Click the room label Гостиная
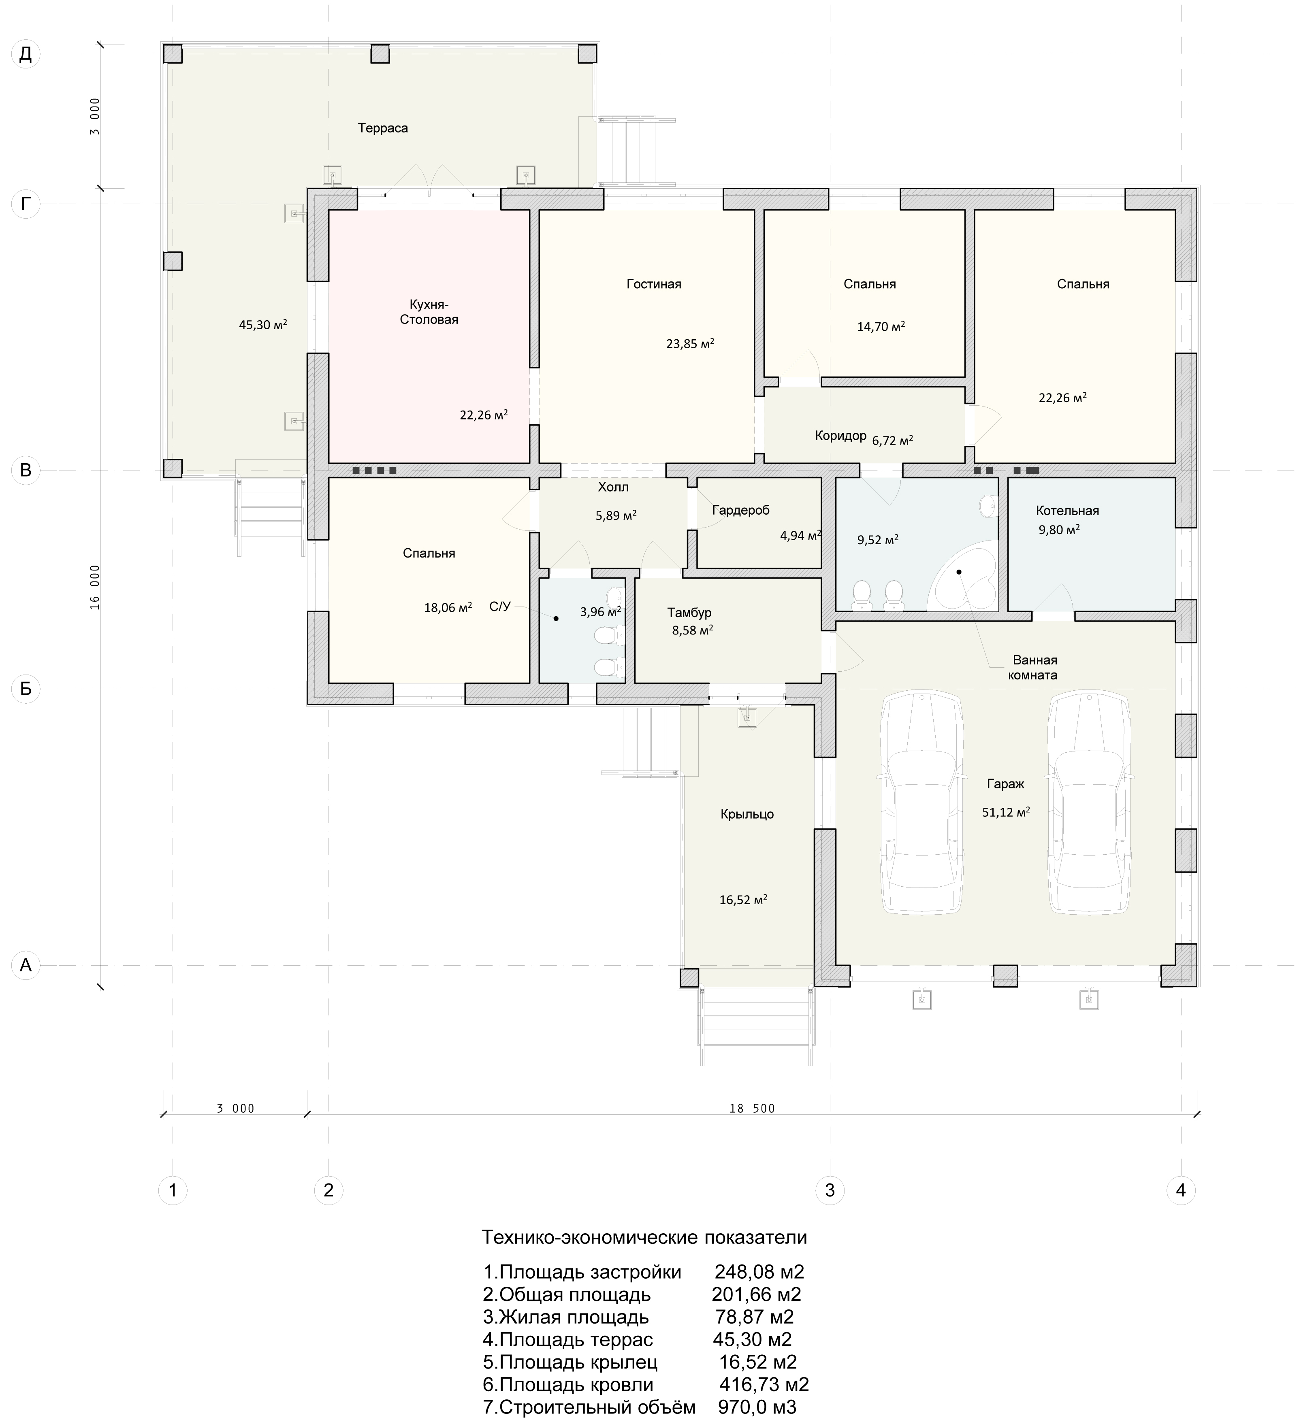pos(654,284)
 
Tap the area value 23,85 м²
pos(690,344)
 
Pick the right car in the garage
pos(1090,803)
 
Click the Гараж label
pos(1005,784)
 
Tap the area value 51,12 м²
pos(1005,812)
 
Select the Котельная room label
pos(1067,511)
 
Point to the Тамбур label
pos(689,613)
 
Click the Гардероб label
pos(741,510)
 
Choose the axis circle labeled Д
pos(26,54)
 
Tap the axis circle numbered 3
pos(830,1190)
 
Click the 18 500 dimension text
pos(752,1108)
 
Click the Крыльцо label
pos(747,814)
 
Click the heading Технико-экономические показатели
pos(644,1237)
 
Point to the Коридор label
pos(840,436)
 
